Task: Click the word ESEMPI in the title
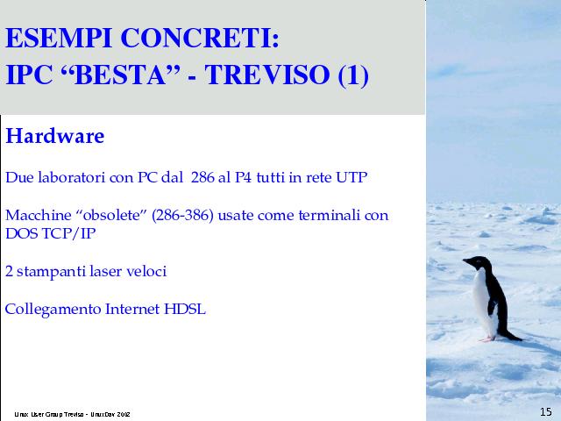pyautogui.click(x=59, y=38)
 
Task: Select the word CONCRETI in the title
pyautogui.click(x=200, y=38)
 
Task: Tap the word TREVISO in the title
pyautogui.click(x=266, y=75)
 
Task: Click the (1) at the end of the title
pyautogui.click(x=353, y=75)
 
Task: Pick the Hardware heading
pyautogui.click(x=54, y=136)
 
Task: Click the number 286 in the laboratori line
pyautogui.click(x=202, y=177)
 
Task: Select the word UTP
pyautogui.click(x=352, y=177)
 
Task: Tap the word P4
pyautogui.click(x=244, y=177)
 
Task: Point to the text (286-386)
pyautogui.click(x=182, y=216)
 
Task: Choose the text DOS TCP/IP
pyautogui.click(x=51, y=233)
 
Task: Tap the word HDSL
pyautogui.click(x=185, y=309)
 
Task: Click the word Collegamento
pyautogui.click(x=53, y=310)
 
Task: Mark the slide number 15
pyautogui.click(x=545, y=411)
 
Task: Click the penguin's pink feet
pyautogui.click(x=488, y=339)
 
